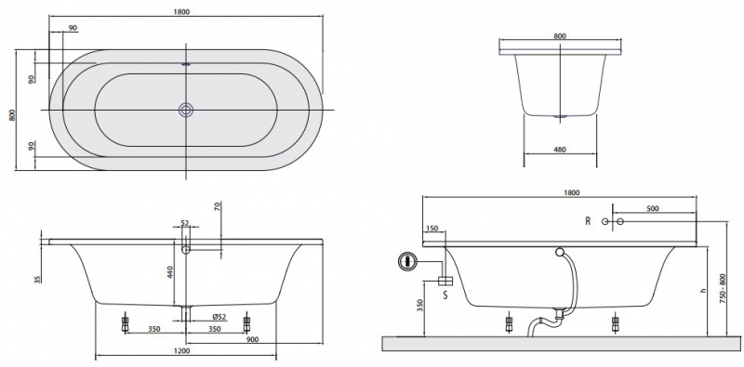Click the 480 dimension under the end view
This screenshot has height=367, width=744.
(560, 150)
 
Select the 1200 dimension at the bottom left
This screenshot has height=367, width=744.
(182, 351)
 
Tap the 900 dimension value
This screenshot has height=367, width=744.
(252, 338)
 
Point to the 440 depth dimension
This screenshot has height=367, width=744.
(170, 272)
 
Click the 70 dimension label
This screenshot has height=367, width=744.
(218, 207)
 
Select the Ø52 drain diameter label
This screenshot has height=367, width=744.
(219, 316)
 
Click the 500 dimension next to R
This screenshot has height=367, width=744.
(652, 209)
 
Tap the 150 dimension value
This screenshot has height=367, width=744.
(432, 229)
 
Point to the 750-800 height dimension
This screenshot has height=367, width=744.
(724, 288)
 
